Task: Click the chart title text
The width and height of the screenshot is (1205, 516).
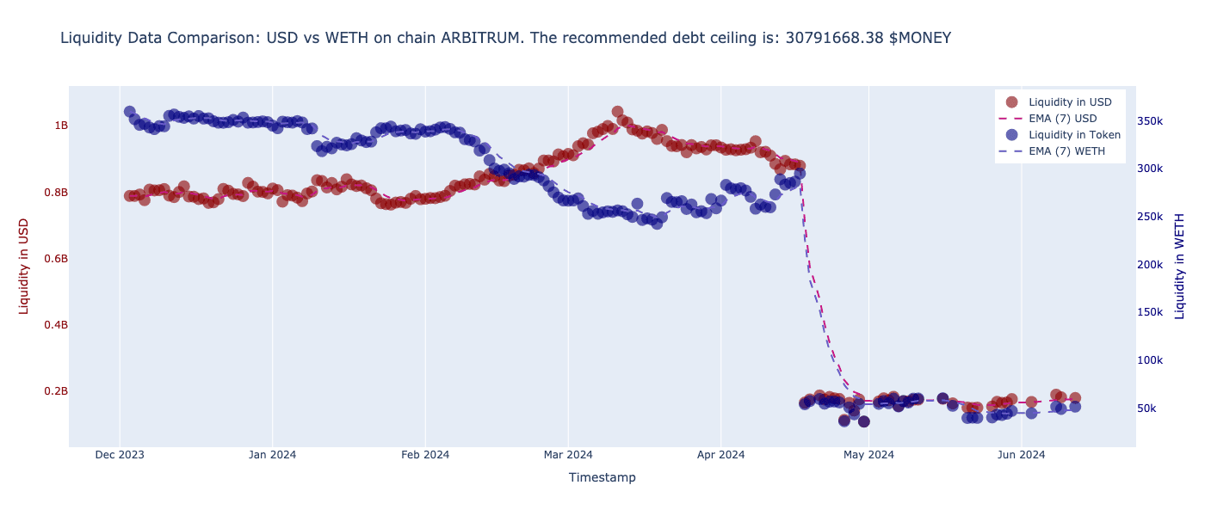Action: pos(505,38)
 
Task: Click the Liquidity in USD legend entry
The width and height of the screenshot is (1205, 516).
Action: pos(1070,101)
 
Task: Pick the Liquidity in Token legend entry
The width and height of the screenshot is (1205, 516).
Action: pos(1074,134)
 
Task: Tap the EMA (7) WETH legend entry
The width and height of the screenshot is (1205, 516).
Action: pos(1066,151)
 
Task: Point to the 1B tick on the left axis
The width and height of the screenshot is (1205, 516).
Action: pos(61,126)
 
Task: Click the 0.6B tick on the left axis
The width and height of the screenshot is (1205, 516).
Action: pos(56,259)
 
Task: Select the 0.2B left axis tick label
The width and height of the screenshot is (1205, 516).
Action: pos(56,391)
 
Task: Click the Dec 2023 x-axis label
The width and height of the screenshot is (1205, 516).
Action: pos(120,455)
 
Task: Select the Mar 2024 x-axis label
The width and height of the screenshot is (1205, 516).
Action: pos(568,455)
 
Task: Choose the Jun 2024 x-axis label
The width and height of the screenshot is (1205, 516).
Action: pos(1022,455)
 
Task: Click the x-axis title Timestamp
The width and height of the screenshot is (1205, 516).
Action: pos(602,477)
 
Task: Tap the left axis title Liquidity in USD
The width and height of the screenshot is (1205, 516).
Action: pos(24,266)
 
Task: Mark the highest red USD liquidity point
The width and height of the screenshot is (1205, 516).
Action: pos(617,112)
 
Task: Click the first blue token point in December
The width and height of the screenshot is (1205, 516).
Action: pos(129,112)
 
